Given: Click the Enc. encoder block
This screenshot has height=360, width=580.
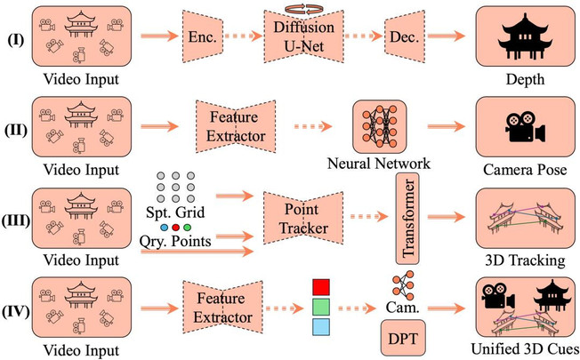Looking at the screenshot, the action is pos(203,36).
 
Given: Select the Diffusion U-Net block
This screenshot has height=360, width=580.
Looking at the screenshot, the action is pos(303,36).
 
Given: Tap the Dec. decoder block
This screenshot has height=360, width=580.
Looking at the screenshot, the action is pos(404,36).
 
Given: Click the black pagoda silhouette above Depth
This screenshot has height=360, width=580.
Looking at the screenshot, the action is pos(525,36).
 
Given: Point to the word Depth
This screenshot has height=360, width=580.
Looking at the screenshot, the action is pos(525,79).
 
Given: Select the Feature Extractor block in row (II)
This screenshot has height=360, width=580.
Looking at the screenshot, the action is pos(236,126).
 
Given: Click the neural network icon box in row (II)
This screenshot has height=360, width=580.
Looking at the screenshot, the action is pos(380,126).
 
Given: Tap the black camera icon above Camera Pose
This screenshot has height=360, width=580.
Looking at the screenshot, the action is pos(525,127).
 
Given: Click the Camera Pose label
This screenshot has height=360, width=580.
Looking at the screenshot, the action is pos(525,170).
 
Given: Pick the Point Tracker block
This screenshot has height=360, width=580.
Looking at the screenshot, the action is pos(303,218).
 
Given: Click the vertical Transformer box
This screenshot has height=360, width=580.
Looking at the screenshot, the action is pos(407,219).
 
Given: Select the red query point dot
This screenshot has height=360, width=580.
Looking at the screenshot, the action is pos(176,228).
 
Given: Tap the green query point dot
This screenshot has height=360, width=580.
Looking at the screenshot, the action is pos(187,228).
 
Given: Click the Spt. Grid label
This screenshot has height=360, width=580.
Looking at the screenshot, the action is pos(175,212).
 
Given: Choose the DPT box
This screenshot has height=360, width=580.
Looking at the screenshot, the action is pos(403,338).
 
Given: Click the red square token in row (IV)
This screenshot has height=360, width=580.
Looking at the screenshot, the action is pos(321,287).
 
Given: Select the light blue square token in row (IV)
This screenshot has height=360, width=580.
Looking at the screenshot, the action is pos(321,327).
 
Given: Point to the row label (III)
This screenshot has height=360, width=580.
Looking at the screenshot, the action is pos(15,221).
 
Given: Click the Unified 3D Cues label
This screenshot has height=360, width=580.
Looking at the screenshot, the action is pos(525,349).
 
